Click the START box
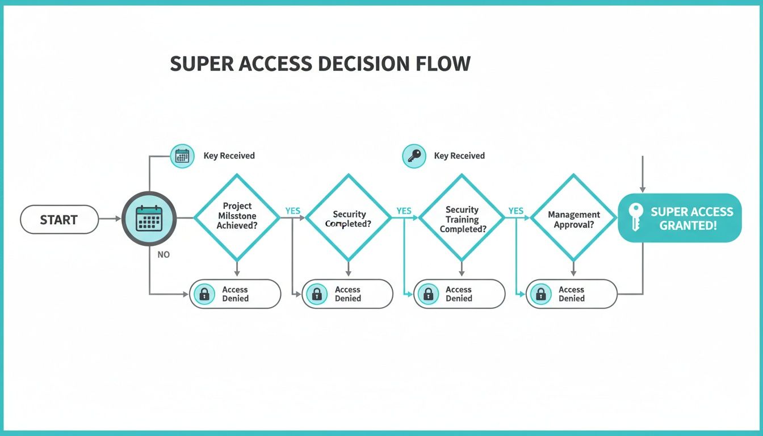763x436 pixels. (59, 220)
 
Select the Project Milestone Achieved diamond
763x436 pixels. (237, 216)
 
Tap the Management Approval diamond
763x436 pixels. (573, 216)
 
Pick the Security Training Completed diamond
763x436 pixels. (462, 216)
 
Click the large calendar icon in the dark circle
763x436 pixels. (149, 219)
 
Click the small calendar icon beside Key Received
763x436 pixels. (182, 156)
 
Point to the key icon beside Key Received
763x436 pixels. (414, 156)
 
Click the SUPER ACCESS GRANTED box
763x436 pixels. (680, 218)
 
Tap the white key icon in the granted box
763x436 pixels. (635, 217)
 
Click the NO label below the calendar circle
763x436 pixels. (163, 255)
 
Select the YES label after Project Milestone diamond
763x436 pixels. (292, 211)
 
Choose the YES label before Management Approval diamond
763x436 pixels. (515, 211)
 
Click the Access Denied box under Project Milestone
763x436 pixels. (235, 294)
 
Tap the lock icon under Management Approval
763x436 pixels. (540, 294)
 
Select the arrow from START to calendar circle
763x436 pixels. (110, 219)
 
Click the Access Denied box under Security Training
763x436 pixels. (459, 294)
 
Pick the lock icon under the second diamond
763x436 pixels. (317, 294)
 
